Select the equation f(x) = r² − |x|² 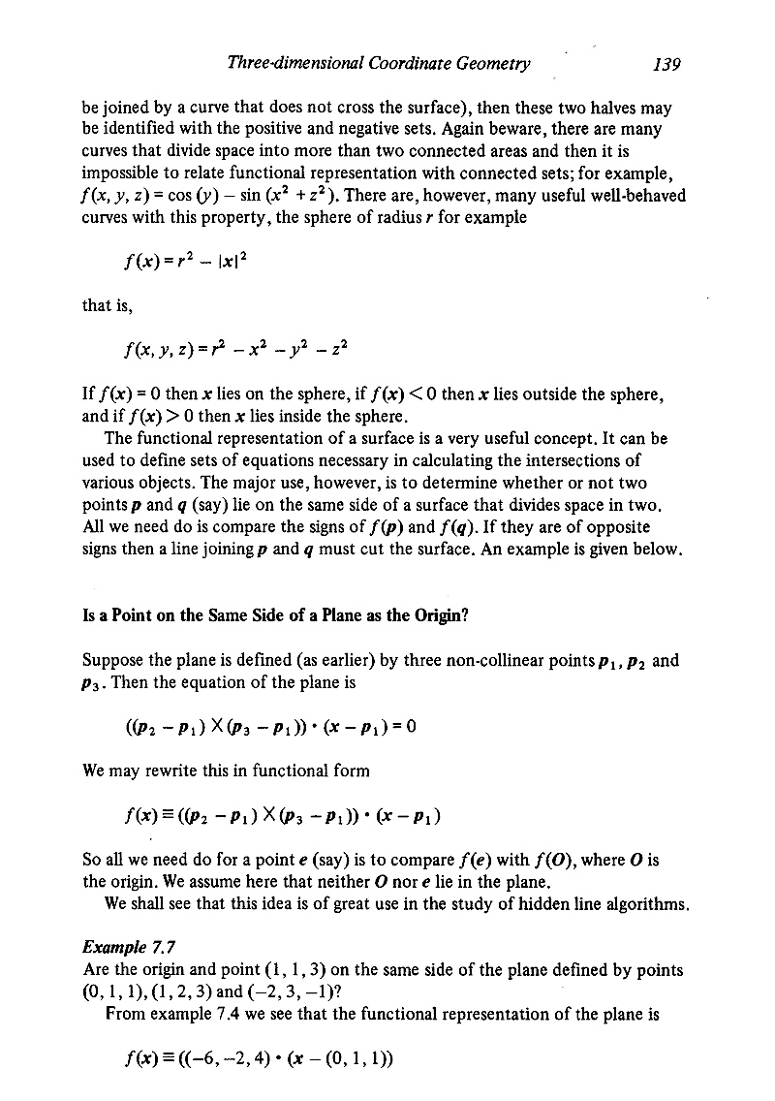191,259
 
